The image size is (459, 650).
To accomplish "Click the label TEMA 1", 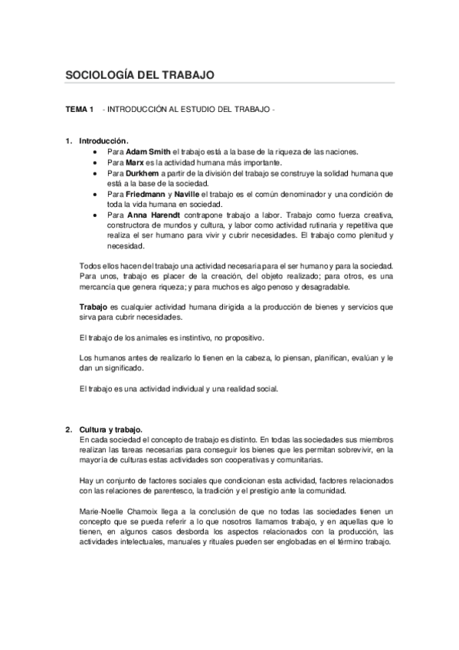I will [x=79, y=111].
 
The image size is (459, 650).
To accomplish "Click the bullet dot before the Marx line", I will [x=94, y=162].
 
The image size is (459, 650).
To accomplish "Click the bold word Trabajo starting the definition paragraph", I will [x=93, y=307].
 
